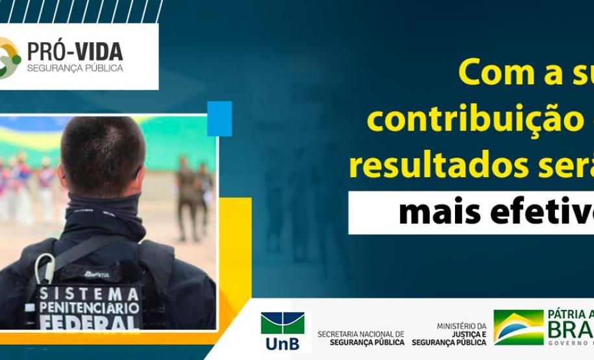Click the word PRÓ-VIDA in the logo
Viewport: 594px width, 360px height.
75,51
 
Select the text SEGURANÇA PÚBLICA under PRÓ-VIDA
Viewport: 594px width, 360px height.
75,68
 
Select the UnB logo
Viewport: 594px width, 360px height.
282,331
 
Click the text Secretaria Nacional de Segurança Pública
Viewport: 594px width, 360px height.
360,338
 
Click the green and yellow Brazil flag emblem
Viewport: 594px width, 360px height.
517,327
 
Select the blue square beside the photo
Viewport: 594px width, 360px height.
219,118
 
